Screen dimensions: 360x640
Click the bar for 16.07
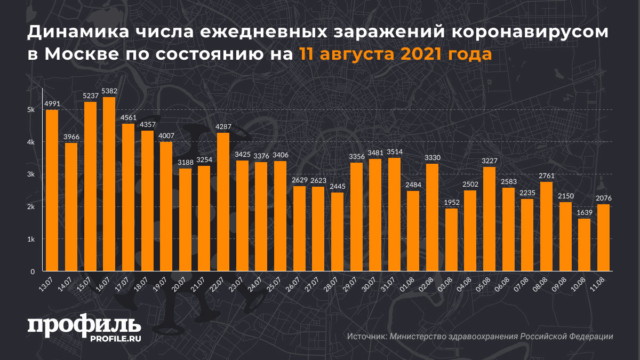point(109,184)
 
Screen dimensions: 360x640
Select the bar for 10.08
point(585,245)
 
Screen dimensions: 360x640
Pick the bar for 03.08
point(451,239)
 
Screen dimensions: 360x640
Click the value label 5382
point(109,91)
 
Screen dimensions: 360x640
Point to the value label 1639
point(585,213)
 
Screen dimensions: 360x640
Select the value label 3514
point(394,152)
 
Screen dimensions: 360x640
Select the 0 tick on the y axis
point(33,271)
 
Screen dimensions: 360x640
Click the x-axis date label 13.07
point(46,284)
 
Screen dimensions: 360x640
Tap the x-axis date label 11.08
point(598,284)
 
